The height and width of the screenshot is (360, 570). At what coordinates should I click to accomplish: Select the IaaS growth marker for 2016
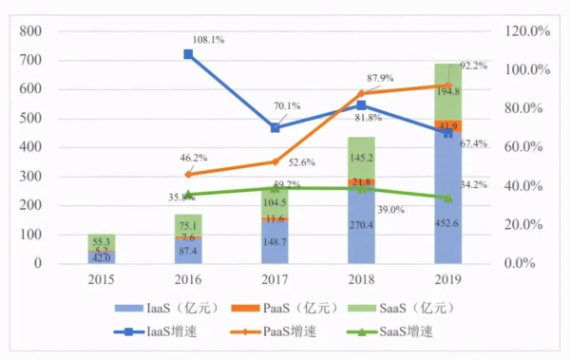188,54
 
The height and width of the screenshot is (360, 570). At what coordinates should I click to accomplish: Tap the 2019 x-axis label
448,281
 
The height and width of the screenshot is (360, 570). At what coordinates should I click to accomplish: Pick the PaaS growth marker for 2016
188,174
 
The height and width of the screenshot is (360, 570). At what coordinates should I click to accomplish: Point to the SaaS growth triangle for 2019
448,198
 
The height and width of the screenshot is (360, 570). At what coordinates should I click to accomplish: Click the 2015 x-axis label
102,281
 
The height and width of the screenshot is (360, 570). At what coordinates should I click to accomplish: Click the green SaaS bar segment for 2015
102,241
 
